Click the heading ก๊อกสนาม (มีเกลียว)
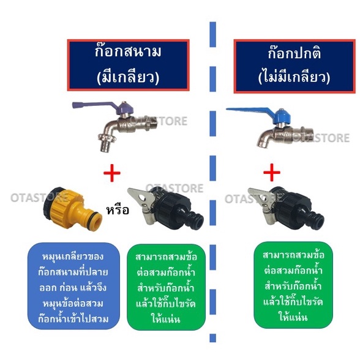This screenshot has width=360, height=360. [128, 65]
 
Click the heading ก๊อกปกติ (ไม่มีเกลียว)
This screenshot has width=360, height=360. [294, 66]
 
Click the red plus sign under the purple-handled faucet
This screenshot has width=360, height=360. [112, 173]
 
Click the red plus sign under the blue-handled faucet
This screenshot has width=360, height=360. [272, 172]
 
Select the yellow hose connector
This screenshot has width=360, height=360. [72, 208]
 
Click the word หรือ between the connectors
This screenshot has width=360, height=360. [118, 210]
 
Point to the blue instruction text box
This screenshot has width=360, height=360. [73, 286]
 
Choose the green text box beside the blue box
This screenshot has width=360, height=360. [166, 287]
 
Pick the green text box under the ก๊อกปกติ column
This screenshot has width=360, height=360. [293, 285]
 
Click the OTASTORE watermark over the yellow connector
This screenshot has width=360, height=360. [39, 198]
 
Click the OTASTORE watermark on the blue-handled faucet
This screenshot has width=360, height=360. [321, 138]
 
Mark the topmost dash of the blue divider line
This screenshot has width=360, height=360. [213, 34]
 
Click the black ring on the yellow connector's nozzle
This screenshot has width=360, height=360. [96, 217]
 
